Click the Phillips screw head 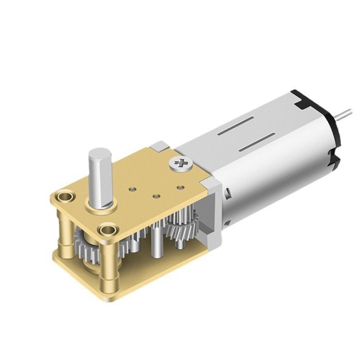181,164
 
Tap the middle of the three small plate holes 157,196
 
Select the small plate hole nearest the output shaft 133,187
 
